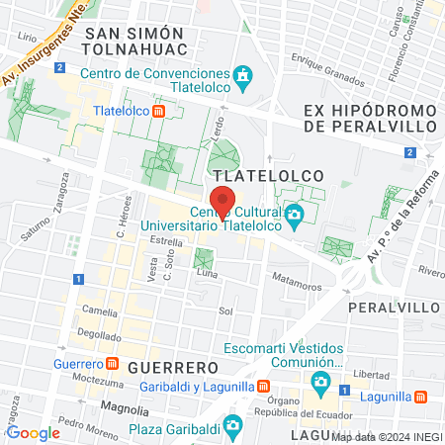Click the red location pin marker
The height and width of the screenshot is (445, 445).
[223, 201]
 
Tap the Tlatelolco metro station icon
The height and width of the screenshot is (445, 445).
[158, 112]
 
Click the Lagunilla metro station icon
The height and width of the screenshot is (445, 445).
[420, 397]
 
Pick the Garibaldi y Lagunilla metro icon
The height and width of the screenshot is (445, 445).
[263, 387]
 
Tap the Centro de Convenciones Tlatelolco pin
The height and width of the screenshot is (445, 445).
[242, 75]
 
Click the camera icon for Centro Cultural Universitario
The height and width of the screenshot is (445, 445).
[294, 215]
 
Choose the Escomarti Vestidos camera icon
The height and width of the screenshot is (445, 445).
[320, 381]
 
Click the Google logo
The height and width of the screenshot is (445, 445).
[33, 432]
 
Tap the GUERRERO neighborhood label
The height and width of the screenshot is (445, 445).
[164, 367]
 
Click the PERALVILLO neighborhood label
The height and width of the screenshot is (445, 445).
[394, 308]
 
